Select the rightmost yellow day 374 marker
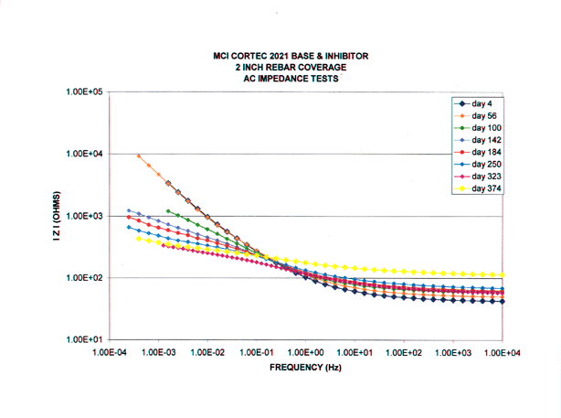pos(503,275)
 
